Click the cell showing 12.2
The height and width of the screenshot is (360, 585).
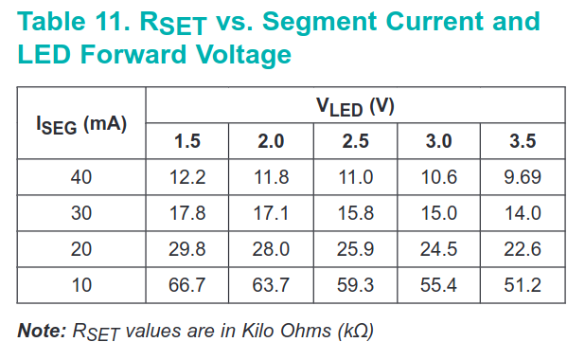pyautogui.click(x=187, y=177)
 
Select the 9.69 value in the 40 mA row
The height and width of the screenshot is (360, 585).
pyautogui.click(x=523, y=177)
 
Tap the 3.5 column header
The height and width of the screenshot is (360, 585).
pyautogui.click(x=523, y=141)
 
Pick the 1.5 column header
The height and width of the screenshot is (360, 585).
pyautogui.click(x=187, y=141)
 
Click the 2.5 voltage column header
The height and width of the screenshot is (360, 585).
pyautogui.click(x=355, y=141)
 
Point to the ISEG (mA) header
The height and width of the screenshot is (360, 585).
pyautogui.click(x=81, y=124)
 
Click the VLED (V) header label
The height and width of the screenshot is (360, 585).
pyautogui.click(x=355, y=107)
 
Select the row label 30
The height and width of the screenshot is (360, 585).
pyautogui.click(x=81, y=213)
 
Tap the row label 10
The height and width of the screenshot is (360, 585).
pyautogui.click(x=81, y=285)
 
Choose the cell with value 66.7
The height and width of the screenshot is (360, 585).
pyautogui.click(x=186, y=285)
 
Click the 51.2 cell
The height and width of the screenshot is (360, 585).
pyautogui.click(x=523, y=285)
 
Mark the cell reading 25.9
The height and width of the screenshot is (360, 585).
pyautogui.click(x=355, y=249)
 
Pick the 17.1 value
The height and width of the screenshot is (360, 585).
pyautogui.click(x=271, y=213)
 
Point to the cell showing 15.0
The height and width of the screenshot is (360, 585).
pyautogui.click(x=439, y=213)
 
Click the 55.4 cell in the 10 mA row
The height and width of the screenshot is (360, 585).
pyautogui.click(x=438, y=285)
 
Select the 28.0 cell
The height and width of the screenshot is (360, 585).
pyautogui.click(x=271, y=249)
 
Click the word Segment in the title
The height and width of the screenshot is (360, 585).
pyautogui.click(x=320, y=22)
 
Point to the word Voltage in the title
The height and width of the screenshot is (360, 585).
pyautogui.click(x=243, y=55)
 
